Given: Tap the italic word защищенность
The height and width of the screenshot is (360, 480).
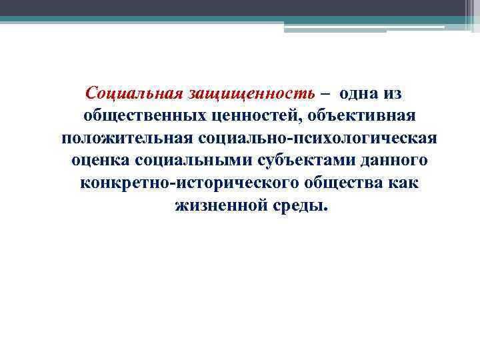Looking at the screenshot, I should click(246, 94).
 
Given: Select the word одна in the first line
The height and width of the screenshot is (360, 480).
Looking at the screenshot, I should click(358, 94).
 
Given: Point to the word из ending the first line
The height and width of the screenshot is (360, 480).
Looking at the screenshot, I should click(393, 94).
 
